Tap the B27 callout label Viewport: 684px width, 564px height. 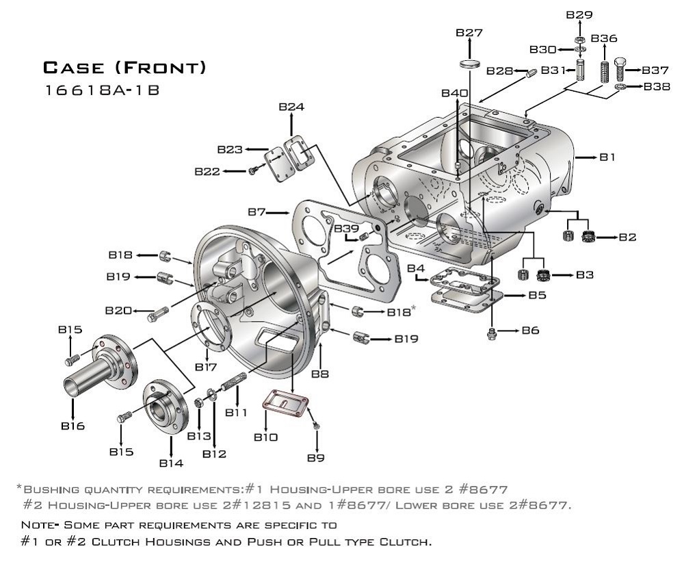pos(469,33)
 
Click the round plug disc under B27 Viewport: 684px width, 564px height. pos(469,64)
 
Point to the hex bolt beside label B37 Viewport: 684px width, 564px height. pos(620,69)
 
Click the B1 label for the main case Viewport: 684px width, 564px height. pos(608,157)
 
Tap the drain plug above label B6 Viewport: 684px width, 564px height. pos(491,333)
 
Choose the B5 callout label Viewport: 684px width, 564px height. pos(537,295)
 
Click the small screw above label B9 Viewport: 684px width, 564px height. pos(315,426)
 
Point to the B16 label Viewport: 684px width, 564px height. pos(73,426)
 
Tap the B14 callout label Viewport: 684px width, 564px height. pos(171,463)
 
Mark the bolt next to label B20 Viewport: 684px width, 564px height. pos(157,315)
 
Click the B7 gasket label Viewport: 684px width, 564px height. pos(256,212)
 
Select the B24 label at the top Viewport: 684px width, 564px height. pos(291,107)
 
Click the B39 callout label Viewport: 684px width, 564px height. pos(345,228)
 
